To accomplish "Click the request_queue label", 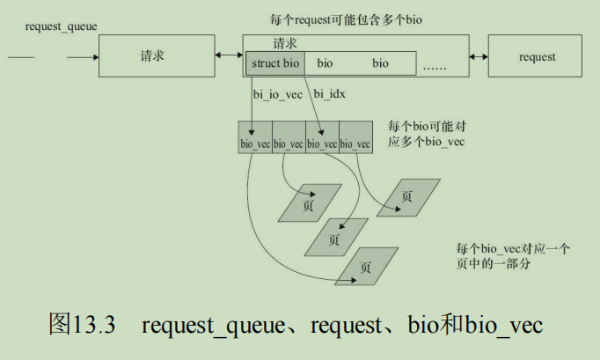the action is coord(62,26).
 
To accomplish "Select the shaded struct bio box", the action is coord(275,63).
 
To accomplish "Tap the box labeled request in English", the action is coord(535,56).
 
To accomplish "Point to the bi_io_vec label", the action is coord(278,94).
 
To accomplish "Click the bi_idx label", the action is coord(329,94).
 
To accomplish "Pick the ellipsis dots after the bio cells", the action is coord(435,68).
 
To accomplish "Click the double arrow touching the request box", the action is coord(479,56).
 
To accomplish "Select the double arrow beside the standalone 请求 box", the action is coord(229,55).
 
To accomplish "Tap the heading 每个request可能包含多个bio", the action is coord(346,19).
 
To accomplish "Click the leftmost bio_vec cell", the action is coord(255,137).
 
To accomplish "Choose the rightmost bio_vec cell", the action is coord(356,137).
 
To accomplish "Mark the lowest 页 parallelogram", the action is coord(367,267).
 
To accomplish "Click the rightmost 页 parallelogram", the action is coord(409,197).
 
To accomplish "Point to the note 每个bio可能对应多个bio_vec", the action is coord(427,134).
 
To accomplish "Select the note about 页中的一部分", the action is coord(513,256).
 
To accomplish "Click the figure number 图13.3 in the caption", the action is coord(82,324).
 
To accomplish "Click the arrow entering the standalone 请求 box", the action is coord(83,57).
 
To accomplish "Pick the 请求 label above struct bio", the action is coord(285,43).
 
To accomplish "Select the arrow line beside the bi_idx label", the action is coord(314,107).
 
